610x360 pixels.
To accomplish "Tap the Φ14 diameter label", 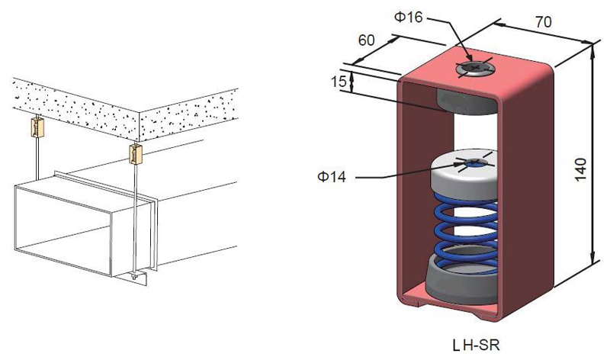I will tap(331, 178).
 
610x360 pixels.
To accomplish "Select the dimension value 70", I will tap(544, 22).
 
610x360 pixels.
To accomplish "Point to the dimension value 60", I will tap(366, 40).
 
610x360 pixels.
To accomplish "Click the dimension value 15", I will tap(339, 80).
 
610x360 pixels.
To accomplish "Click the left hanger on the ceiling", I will tap(35, 127).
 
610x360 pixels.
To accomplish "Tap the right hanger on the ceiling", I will tap(136, 154).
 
